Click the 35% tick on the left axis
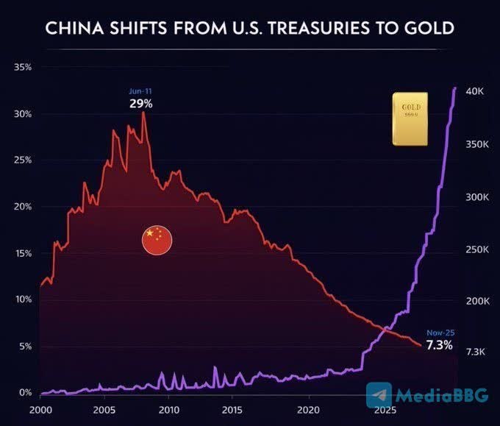[22, 67]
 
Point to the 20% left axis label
[22, 207]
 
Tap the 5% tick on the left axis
[24, 347]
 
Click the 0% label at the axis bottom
[26, 393]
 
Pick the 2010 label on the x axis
[169, 410]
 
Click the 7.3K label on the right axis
[476, 352]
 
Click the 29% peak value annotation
[140, 104]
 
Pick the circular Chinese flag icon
[157, 241]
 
